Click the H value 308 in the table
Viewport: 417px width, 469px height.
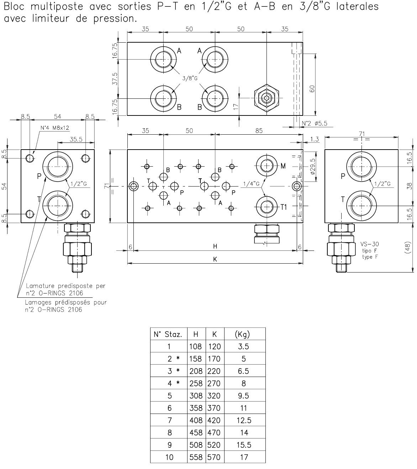(x=196, y=396)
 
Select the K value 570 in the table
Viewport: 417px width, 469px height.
(x=214, y=457)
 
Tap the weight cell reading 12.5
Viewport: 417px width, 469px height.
(x=244, y=420)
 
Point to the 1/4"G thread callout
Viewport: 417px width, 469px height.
(x=251, y=184)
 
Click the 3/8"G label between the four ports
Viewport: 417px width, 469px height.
(x=190, y=79)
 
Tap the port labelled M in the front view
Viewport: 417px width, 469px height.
(x=266, y=166)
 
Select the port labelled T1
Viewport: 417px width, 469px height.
(x=266, y=206)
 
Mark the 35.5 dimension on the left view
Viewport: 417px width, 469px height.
(x=76, y=139)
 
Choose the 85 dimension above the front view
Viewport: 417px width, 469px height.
(x=259, y=131)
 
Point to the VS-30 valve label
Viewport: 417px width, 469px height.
(x=369, y=244)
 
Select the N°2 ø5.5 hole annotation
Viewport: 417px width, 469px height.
(x=314, y=124)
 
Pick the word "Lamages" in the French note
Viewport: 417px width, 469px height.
(x=37, y=302)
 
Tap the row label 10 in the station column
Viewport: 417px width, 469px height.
(x=169, y=457)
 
